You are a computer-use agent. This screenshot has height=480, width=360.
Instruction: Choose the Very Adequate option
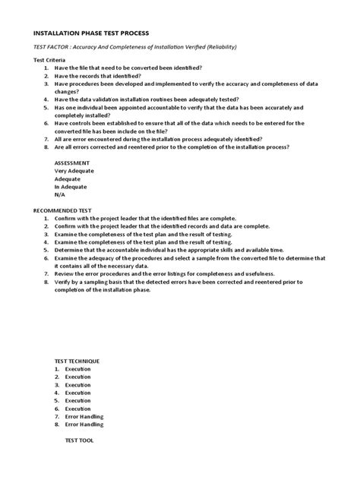point(74,171)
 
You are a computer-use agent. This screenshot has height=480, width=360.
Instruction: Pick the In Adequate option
point(71,187)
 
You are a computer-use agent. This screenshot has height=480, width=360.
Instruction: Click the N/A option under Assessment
point(61,194)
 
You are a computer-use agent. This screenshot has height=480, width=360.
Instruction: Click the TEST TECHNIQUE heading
point(77,361)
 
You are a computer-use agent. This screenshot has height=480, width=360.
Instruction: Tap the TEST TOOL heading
point(79,441)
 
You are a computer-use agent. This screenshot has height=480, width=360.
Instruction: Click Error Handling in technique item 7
point(84,416)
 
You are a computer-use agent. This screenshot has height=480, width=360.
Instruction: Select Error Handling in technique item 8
point(84,425)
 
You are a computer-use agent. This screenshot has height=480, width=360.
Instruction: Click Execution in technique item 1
point(77,369)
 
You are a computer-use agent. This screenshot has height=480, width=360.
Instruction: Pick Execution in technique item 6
point(77,409)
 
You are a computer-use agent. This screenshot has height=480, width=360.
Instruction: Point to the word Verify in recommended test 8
point(63,282)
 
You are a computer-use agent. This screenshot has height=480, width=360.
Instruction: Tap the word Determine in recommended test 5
point(70,250)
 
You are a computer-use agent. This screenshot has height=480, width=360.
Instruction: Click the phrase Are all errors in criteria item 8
point(74,147)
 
